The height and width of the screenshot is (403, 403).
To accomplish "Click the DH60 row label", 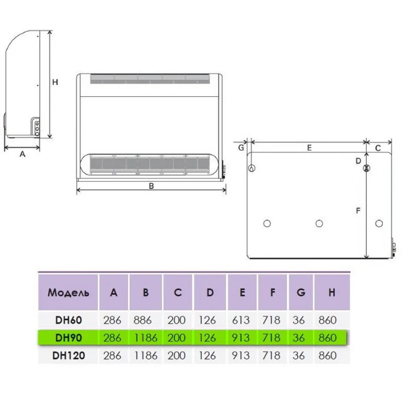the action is [69, 320].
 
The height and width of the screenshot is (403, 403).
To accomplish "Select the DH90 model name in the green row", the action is [69, 338].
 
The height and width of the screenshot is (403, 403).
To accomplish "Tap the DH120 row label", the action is [69, 356].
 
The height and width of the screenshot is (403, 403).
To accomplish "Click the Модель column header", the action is [69, 293].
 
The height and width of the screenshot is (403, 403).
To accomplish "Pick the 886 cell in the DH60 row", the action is [143, 320].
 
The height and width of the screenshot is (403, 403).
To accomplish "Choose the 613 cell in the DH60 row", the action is [241, 320].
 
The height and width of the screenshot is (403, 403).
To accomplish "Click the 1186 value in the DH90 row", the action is [146, 338].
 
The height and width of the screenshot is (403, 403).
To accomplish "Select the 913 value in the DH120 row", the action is [241, 356].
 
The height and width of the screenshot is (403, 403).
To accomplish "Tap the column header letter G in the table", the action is [301, 293].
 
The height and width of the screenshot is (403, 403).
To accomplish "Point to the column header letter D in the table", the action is [210, 293].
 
